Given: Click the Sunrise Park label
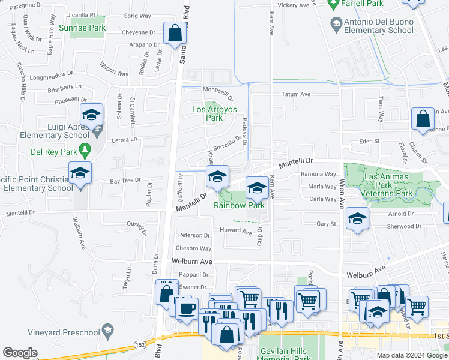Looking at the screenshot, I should [x=82, y=28].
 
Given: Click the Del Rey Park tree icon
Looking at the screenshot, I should [x=85, y=149].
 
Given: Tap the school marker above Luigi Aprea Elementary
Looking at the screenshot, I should [x=91, y=114].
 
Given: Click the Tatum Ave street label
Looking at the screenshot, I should [x=296, y=94].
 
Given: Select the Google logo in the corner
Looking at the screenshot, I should [x=20, y=353].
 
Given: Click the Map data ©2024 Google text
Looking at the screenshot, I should [x=411, y=355].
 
